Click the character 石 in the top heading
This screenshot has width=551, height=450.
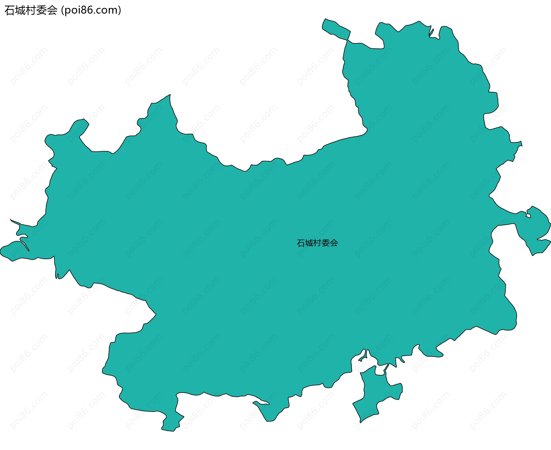click(x=9, y=11)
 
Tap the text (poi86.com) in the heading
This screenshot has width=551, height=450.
click(x=91, y=10)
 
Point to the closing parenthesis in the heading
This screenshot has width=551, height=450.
click(x=119, y=10)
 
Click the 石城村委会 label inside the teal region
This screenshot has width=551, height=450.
click(x=317, y=243)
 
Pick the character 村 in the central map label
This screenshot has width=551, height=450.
click(x=317, y=243)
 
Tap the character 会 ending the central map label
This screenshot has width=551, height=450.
click(x=334, y=243)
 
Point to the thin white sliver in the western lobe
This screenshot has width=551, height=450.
click(x=25, y=244)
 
